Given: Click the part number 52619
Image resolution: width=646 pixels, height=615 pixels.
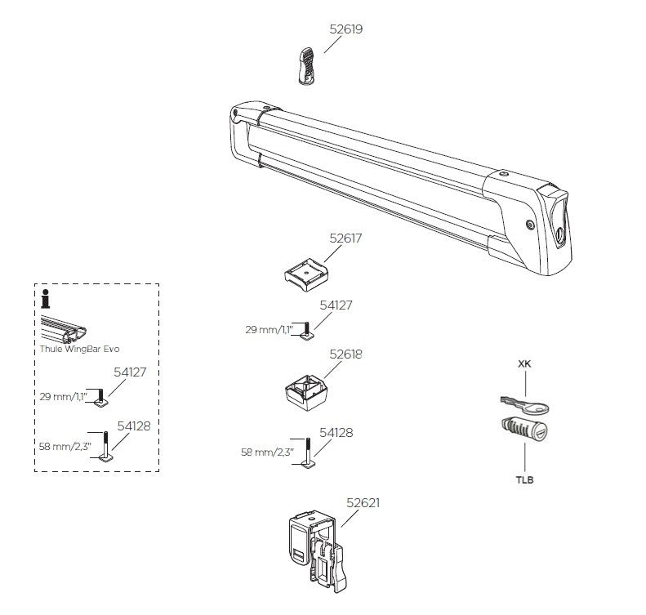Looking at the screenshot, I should coord(345,29).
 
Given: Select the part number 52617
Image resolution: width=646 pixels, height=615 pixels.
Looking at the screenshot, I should coord(345,238).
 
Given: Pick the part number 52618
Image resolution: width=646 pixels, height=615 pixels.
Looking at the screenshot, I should coord(345,355).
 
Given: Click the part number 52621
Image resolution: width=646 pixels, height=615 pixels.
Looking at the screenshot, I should coord(363,503).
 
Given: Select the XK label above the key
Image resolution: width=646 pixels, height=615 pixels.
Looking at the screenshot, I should coord(523,364).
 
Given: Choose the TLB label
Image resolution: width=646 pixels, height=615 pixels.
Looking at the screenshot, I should coord(523,479).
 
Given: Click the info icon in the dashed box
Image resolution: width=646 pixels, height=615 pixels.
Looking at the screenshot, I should coord(47,300).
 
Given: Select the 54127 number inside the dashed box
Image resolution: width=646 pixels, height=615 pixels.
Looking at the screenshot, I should coord(130,371).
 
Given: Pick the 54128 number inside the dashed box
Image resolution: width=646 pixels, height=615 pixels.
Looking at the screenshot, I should coord(131,426).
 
